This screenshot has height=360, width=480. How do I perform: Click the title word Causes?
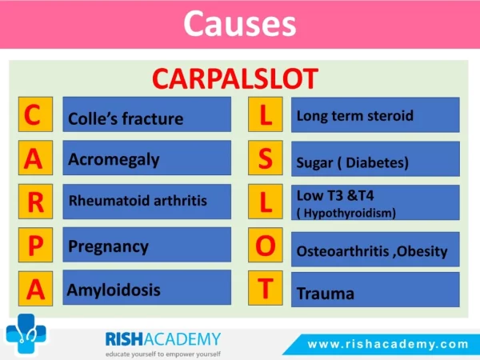point(240,24)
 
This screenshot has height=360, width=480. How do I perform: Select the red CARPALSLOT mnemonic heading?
point(235,79)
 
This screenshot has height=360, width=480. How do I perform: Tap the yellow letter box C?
point(35,114)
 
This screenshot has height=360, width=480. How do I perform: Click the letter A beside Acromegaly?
point(35,158)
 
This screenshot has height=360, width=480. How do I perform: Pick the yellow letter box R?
point(35,202)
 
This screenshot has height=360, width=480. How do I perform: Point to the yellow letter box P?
point(35,245)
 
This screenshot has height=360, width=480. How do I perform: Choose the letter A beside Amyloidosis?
point(35,288)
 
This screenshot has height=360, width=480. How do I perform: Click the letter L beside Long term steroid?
point(266,114)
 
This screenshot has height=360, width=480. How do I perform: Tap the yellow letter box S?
point(266,158)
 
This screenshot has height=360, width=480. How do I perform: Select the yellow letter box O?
point(266,245)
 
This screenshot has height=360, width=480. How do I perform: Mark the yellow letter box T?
point(266,288)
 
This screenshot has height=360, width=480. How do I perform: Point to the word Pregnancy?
point(108,247)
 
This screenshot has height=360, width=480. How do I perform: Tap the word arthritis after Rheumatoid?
point(180,201)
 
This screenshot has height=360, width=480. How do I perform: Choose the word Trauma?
point(326,294)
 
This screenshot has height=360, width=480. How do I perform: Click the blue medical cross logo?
point(26,334)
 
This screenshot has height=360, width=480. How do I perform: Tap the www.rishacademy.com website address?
point(388,344)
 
